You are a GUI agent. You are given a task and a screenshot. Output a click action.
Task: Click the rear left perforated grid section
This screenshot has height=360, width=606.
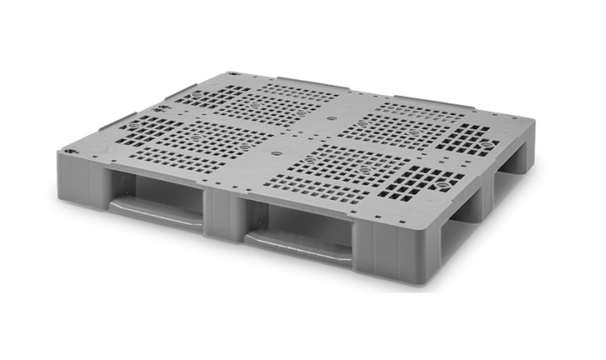(x=247, y=104)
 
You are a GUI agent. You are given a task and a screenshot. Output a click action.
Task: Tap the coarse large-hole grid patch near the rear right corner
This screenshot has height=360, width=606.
(x=472, y=138)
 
